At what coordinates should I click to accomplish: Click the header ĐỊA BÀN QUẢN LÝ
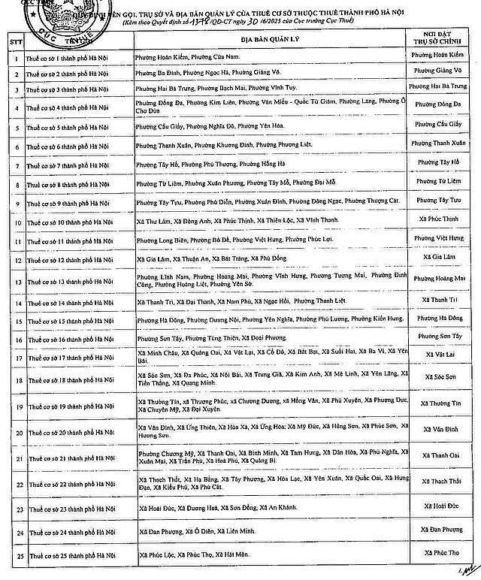(268, 39)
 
